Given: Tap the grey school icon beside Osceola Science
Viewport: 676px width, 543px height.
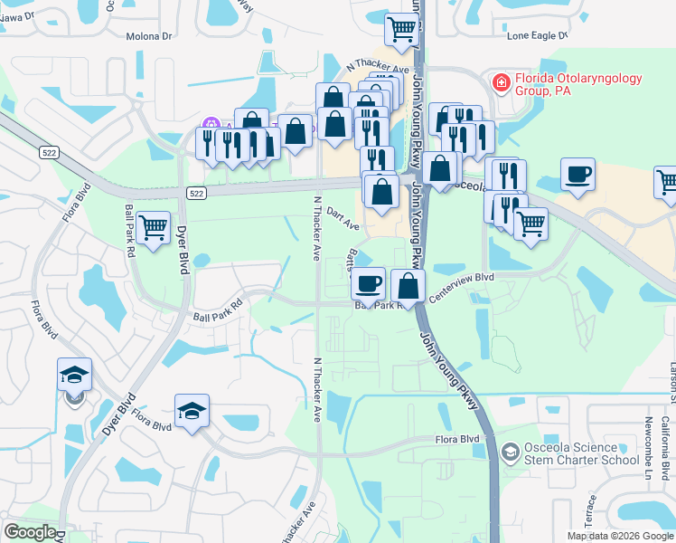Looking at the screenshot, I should click(510, 451).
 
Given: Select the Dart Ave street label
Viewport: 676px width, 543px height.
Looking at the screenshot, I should click(343, 218).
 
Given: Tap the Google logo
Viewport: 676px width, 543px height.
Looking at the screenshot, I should click(30, 532).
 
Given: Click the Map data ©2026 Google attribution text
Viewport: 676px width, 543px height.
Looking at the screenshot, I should click(621, 536).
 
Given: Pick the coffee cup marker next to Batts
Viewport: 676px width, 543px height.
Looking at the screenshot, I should click(368, 283).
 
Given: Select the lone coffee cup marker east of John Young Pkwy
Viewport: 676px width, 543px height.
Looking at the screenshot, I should click(577, 175).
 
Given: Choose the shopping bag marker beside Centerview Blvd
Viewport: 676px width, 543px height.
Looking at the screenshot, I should click(408, 285).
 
